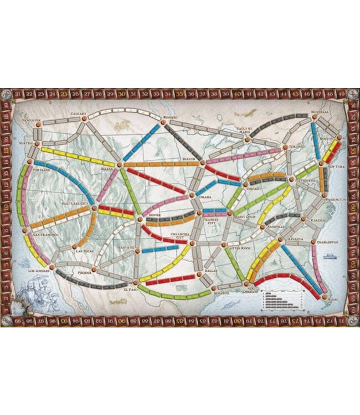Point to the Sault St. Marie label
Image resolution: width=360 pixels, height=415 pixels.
tap(244, 129)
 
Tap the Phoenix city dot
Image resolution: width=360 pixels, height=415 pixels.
tap(95, 269)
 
